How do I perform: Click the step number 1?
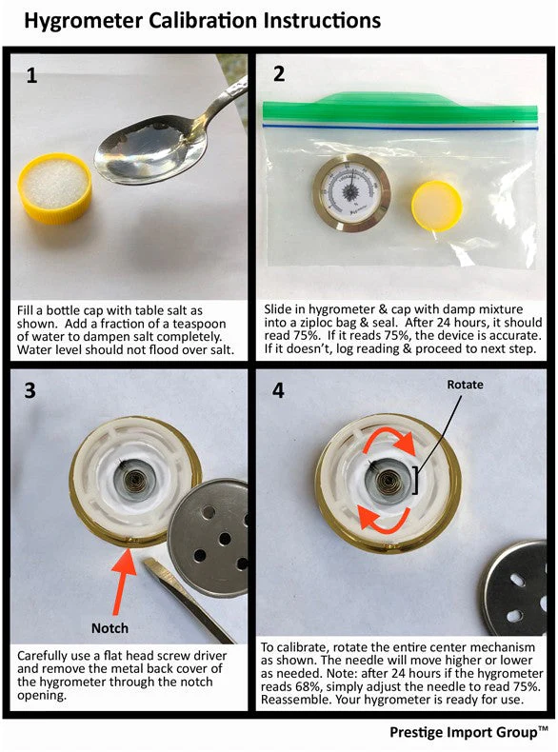click(x=31, y=75)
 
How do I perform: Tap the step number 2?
click(x=279, y=74)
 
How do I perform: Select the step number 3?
click(x=30, y=390)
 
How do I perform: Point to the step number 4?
click(x=278, y=390)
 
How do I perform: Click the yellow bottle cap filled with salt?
click(x=54, y=188)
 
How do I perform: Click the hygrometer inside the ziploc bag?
click(x=351, y=193)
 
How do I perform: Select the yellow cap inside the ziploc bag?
click(x=437, y=206)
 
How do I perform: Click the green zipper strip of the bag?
click(x=400, y=108)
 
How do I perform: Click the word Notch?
click(x=110, y=628)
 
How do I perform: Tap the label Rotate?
click(x=465, y=385)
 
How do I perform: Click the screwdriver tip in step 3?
click(x=152, y=566)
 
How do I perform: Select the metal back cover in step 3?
click(x=209, y=537)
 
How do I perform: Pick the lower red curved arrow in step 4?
click(x=384, y=521)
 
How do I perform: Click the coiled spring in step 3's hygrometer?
click(x=134, y=480)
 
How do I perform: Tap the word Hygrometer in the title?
click(x=83, y=21)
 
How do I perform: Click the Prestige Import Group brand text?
click(x=468, y=732)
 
